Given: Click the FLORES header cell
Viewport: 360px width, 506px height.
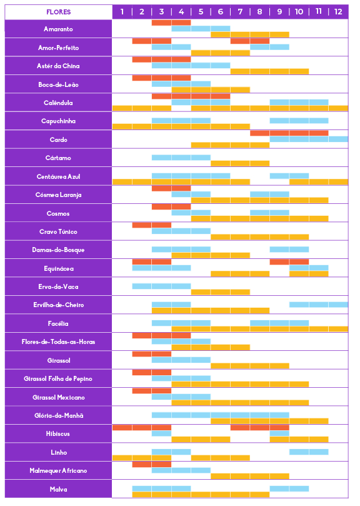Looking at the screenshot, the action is (x=58, y=12).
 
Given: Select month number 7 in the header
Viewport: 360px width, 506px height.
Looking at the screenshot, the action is (x=240, y=12).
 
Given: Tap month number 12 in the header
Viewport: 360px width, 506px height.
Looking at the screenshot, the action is (x=338, y=12).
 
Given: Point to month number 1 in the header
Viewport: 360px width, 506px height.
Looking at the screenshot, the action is (x=122, y=12).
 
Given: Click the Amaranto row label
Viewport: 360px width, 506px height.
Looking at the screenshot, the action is (x=58, y=29).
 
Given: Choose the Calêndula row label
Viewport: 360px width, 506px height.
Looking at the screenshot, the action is (x=58, y=103).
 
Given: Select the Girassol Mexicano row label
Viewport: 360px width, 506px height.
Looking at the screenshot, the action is (x=58, y=398).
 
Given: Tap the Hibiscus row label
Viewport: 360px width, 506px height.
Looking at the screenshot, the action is (x=58, y=434).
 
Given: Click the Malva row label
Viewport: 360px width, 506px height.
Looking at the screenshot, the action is (x=58, y=490).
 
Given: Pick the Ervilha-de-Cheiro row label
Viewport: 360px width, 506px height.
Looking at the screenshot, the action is (x=58, y=305).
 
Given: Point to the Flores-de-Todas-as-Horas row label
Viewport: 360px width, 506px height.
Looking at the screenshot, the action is (x=58, y=342).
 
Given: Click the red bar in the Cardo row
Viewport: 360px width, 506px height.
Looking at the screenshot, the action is (x=289, y=133).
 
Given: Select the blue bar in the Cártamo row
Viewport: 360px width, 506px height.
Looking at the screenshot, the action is (x=181, y=158).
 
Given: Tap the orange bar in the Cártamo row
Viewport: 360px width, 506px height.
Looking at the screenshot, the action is (x=240, y=164).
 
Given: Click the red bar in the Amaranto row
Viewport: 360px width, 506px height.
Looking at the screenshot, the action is (x=171, y=23).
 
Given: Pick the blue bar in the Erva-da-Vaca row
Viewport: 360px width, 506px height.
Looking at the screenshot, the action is (x=162, y=286).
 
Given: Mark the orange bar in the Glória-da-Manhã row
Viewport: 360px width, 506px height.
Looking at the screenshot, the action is (x=269, y=421).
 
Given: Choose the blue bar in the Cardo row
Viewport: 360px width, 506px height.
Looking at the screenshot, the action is (x=309, y=139).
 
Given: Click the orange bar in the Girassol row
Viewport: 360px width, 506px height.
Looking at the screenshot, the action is (x=250, y=366).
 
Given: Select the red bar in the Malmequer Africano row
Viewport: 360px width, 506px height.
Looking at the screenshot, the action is (x=152, y=464).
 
